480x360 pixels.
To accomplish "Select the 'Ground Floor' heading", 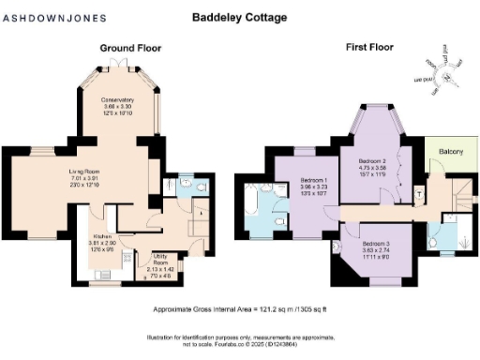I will tap(129, 47).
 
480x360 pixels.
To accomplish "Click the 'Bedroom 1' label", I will tap(312, 179).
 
